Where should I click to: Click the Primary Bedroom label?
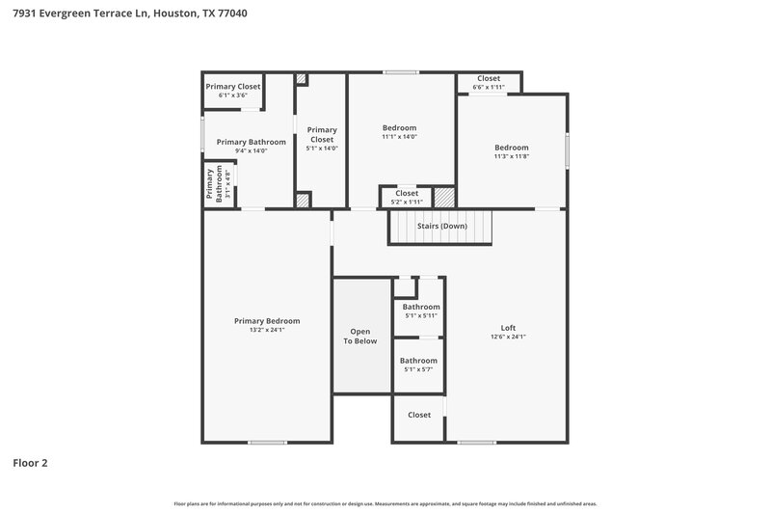coord(267,321)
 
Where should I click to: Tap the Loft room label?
coord(508,327)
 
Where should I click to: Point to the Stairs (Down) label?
coord(441,227)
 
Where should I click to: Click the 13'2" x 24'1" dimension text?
coord(267,330)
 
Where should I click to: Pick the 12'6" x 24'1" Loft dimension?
coord(508,337)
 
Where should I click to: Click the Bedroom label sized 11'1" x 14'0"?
coord(399,128)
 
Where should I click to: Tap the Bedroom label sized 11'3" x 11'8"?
coord(512,148)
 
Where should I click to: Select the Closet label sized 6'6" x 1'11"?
coord(489,79)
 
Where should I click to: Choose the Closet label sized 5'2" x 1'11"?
coord(407,193)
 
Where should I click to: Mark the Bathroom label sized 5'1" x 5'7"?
coord(419,361)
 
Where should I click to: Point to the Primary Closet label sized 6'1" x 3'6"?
coord(233,87)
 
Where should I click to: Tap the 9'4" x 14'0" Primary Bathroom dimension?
coord(251,150)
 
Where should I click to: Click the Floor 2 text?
coord(30,463)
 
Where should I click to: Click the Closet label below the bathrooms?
coord(419,415)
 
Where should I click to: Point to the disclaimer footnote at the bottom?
coord(385,503)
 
